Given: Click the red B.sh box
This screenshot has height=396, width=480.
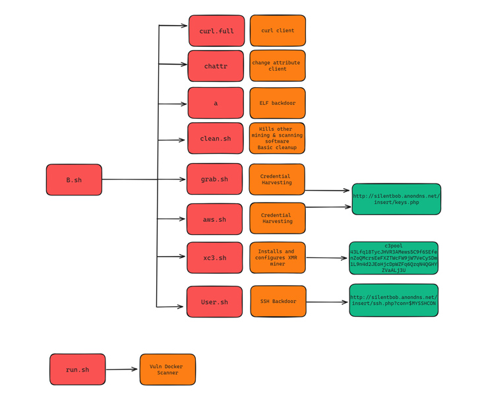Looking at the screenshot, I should [x=74, y=180].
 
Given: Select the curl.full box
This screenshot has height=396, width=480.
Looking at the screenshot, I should [x=216, y=31].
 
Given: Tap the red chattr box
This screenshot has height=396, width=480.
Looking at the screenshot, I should [x=216, y=66].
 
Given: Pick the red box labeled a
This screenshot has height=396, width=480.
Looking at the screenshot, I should [x=216, y=103].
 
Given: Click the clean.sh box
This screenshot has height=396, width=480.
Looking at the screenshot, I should [x=216, y=139].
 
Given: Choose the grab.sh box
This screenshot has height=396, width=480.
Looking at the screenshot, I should [x=214, y=179].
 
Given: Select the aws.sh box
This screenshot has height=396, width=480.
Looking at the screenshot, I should [x=214, y=219].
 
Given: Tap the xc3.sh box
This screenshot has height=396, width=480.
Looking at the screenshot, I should [x=214, y=257].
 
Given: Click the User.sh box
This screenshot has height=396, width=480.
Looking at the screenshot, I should [x=214, y=302].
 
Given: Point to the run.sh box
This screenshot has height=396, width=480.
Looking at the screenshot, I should [x=77, y=370].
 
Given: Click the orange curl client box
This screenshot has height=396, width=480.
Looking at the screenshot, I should [x=278, y=31].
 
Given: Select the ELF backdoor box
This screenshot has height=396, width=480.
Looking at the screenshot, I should [x=278, y=103].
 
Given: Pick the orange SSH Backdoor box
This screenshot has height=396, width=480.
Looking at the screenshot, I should [x=278, y=301].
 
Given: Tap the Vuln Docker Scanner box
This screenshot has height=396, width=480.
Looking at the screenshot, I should [x=167, y=370].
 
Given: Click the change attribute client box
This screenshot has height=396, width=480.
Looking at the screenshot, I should [x=278, y=66].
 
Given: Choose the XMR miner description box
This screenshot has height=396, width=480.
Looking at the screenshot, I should [x=278, y=257].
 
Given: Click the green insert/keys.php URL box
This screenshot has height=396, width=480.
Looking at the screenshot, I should [x=396, y=199].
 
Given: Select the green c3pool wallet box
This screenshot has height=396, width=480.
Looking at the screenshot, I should [x=394, y=257].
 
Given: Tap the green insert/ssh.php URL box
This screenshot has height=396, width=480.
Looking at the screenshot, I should [x=394, y=300].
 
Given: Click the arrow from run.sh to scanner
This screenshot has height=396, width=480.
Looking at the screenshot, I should [x=122, y=370].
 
